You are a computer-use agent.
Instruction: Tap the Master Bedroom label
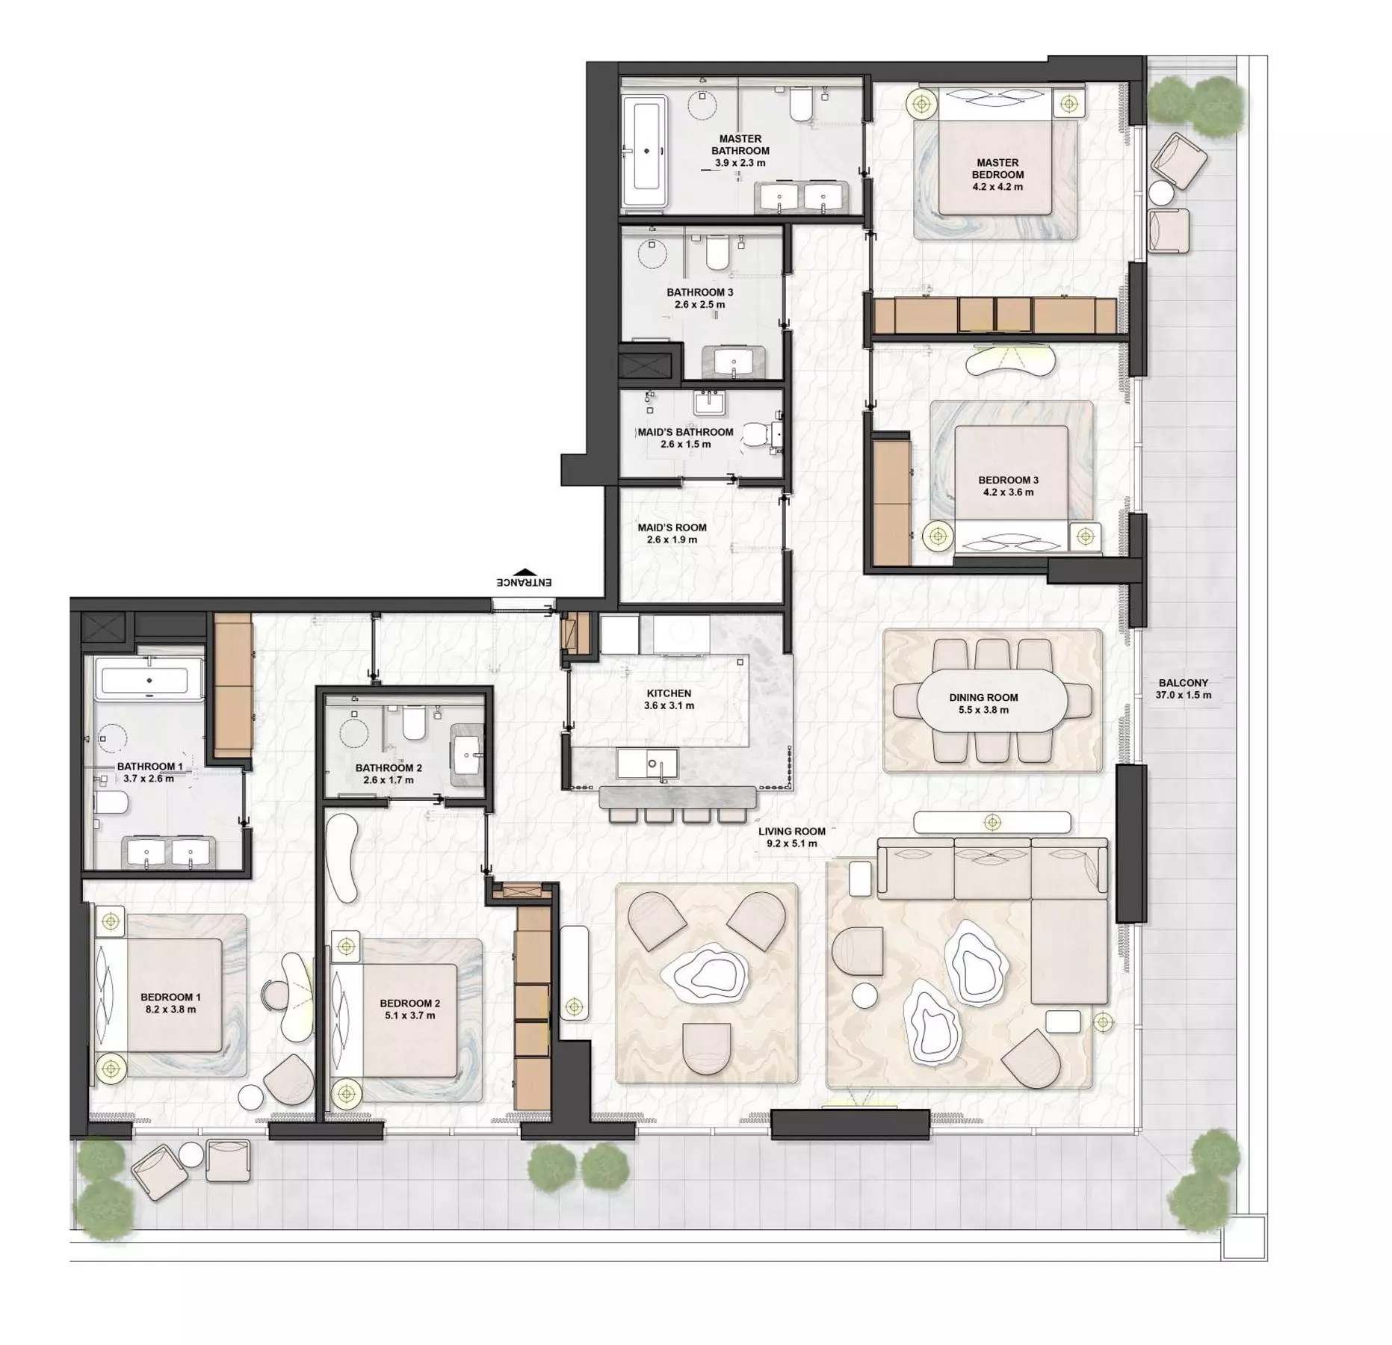pos(997,168)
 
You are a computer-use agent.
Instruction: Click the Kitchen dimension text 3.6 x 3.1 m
pos(669,705)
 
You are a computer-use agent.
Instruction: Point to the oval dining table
pos(983,704)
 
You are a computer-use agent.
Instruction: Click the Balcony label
pos(1183,682)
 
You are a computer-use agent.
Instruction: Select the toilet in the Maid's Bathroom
pos(762,436)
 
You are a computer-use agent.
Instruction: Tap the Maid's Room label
pos(672,527)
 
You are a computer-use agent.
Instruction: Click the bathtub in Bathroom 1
pos(149,681)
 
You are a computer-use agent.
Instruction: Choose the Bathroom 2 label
pos(389,767)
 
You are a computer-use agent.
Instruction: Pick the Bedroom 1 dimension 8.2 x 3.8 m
pos(170,1009)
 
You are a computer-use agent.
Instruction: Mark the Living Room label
pos(791,831)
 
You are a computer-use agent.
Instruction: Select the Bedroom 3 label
pos(1009,480)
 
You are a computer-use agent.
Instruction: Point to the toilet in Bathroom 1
pos(111,803)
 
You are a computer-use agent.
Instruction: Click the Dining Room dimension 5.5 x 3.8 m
pos(983,709)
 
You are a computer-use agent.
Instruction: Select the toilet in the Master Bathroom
pos(801,105)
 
